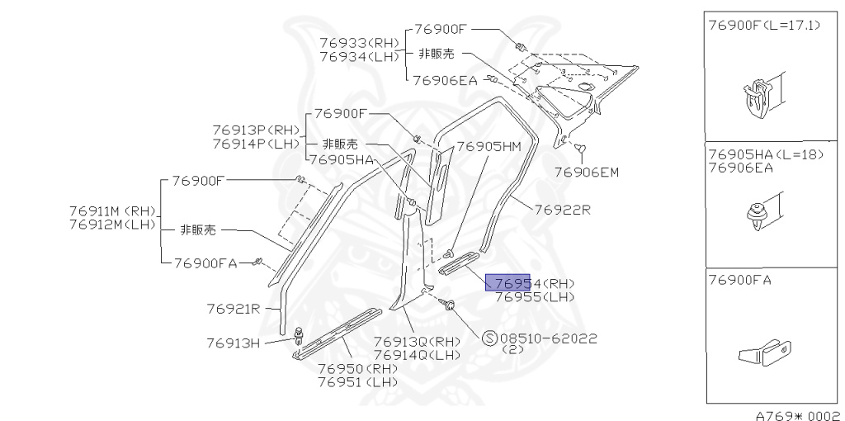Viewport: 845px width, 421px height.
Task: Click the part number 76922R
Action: click(563, 210)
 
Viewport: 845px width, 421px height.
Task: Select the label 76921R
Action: click(234, 310)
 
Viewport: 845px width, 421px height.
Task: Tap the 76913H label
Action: click(234, 342)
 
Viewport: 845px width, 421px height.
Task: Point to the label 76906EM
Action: click(586, 173)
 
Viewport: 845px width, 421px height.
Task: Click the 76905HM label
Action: click(489, 147)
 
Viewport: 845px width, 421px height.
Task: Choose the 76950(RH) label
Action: click(357, 369)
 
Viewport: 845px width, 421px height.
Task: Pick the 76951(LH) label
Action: click(357, 382)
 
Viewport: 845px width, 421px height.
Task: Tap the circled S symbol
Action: click(489, 338)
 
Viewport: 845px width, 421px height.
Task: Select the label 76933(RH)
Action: click(359, 43)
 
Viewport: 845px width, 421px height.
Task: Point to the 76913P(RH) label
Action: click(255, 130)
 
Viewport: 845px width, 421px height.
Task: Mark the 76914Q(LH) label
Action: click(417, 355)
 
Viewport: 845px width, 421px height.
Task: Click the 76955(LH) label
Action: click(535, 296)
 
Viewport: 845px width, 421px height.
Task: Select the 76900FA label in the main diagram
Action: click(205, 263)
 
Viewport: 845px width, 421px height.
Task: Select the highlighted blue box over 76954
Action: click(507, 282)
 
